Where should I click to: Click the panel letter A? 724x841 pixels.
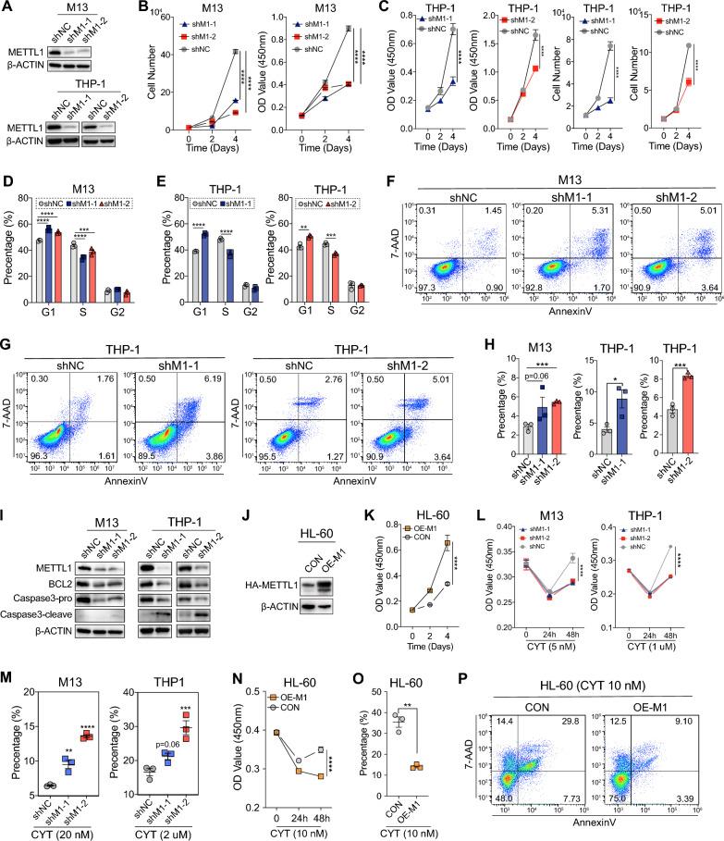pyautogui.click(x=6, y=7)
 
